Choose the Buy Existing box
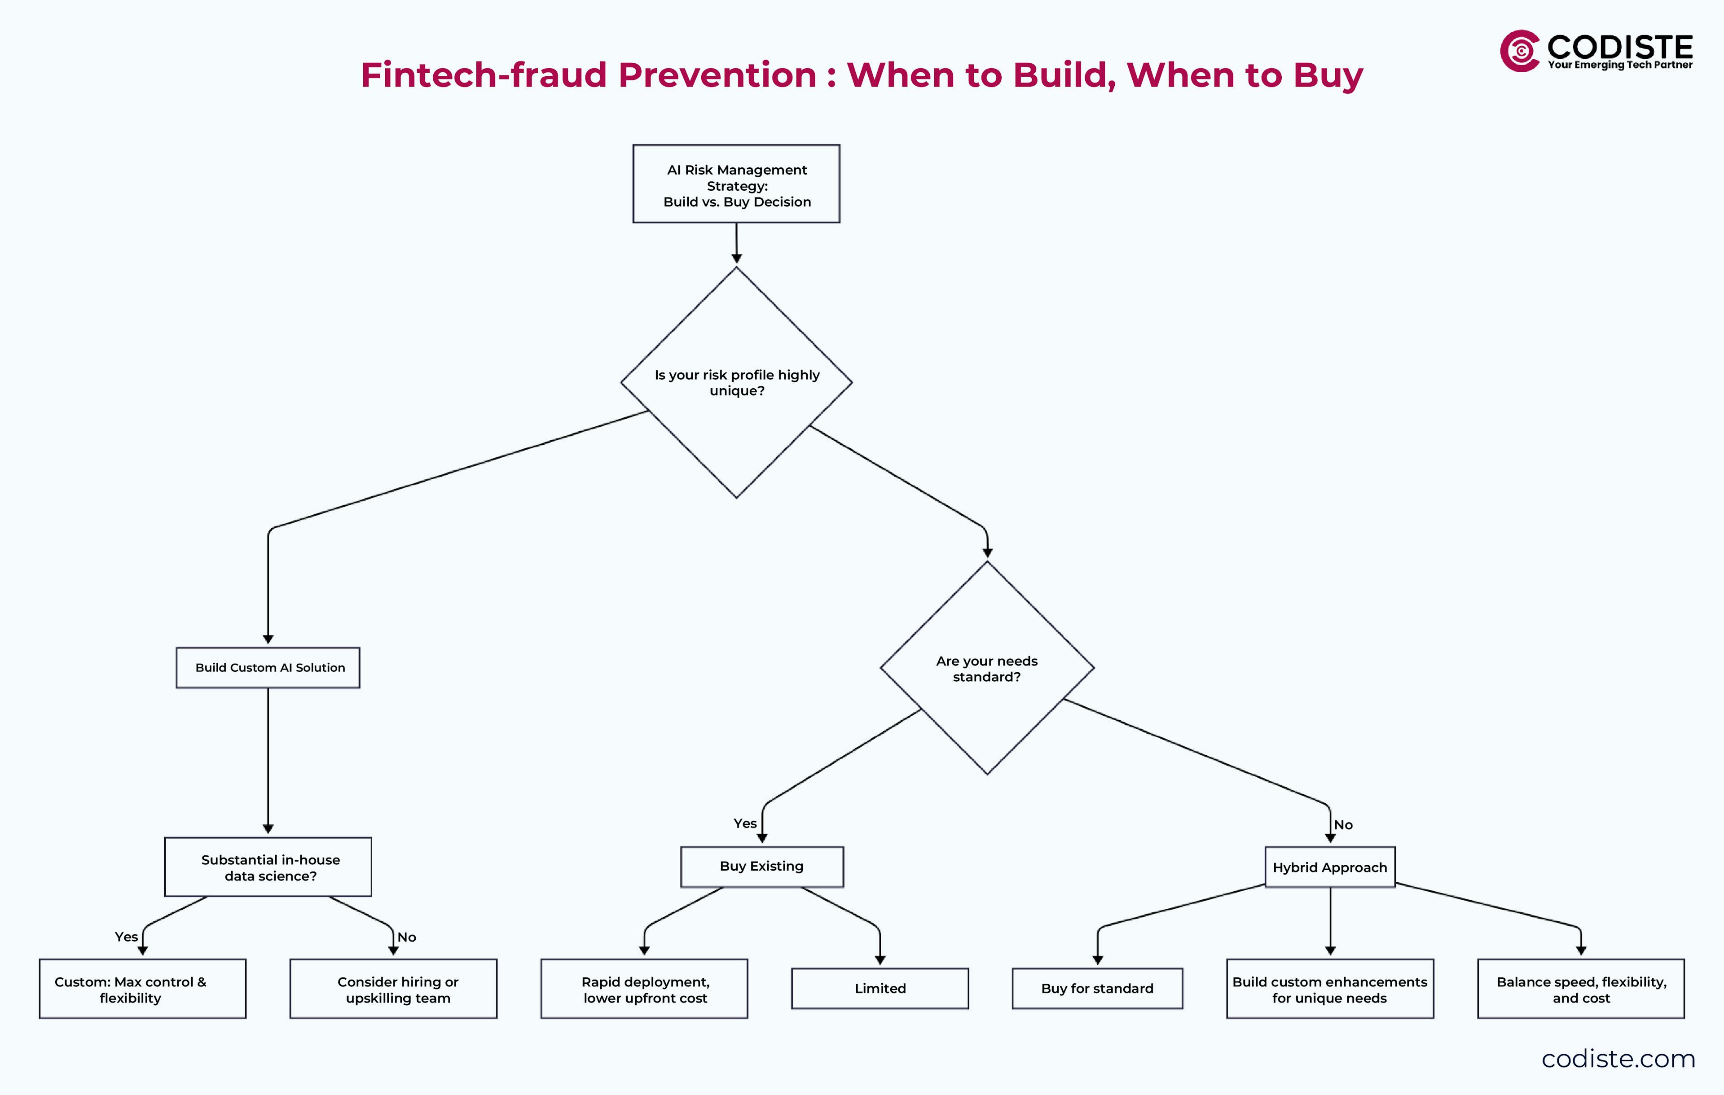click(x=762, y=867)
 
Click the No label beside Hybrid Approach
click(x=1343, y=825)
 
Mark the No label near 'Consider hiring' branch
click(x=407, y=937)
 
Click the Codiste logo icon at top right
click(x=1519, y=51)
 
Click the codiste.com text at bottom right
click(x=1618, y=1059)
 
